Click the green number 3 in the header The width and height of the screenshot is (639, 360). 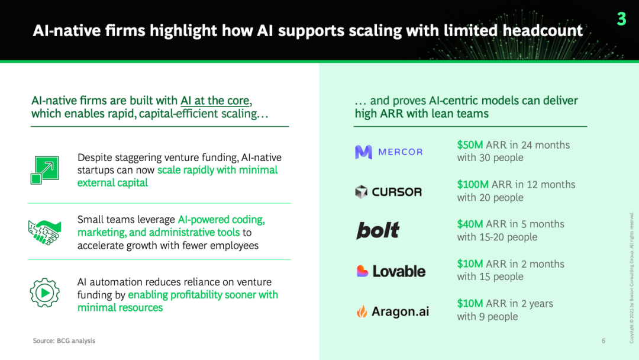[x=621, y=19]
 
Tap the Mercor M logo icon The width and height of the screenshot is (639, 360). [x=363, y=152]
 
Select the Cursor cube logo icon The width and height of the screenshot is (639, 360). [x=361, y=192]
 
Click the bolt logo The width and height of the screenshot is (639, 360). [x=377, y=230]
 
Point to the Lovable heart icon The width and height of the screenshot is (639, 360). [x=362, y=271]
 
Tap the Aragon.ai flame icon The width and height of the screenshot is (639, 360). [x=362, y=311]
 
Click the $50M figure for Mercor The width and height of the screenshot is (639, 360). [x=470, y=144]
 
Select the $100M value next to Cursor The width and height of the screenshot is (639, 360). [x=473, y=184]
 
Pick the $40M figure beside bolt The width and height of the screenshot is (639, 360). [x=470, y=224]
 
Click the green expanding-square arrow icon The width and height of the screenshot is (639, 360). [x=45, y=170]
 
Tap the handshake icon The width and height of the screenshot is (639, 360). [x=45, y=232]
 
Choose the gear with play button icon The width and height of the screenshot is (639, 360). [x=45, y=292]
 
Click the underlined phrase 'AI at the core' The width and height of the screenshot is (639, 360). [x=215, y=100]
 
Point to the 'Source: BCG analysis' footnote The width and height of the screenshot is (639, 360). [x=64, y=341]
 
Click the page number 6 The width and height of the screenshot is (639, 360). [x=603, y=341]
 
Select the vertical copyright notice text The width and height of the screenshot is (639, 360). [x=632, y=278]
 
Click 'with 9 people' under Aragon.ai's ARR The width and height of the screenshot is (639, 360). [x=488, y=316]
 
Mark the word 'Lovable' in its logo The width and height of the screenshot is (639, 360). [x=399, y=271]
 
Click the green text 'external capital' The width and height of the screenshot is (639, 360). [x=112, y=182]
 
